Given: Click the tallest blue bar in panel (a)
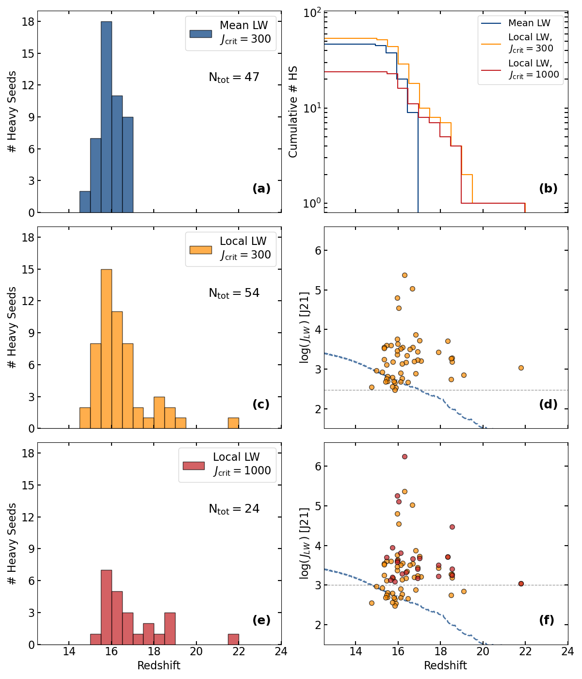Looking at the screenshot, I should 106,116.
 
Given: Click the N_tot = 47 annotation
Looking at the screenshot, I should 234,78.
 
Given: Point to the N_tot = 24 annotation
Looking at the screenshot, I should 234,509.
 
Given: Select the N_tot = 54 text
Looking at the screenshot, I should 234,293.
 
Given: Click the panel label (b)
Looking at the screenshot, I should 548,189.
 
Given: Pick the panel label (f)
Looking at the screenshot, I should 547,620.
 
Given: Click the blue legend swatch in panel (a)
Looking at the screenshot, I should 200,34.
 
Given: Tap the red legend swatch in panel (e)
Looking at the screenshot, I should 194,466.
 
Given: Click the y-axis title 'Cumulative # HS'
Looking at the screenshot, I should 293,112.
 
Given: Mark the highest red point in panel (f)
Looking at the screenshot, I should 404,456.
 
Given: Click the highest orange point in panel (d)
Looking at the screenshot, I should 404,275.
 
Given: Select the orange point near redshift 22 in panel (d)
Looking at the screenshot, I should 521,368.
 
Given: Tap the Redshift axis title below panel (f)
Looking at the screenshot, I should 445,665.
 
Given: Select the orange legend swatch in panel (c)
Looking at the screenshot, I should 200,250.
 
